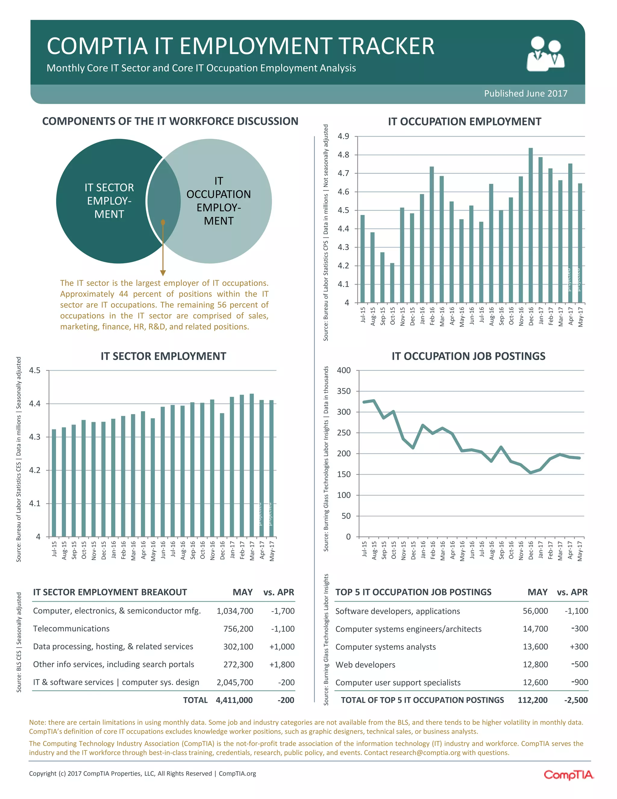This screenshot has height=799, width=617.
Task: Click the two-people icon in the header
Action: tap(545, 53)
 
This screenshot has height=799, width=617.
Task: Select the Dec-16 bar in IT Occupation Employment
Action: tap(531, 225)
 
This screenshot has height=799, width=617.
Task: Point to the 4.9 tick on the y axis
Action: tap(343, 137)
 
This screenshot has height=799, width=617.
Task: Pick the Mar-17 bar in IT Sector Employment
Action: tap(252, 465)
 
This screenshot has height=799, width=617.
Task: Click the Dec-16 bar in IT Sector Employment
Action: tap(222, 475)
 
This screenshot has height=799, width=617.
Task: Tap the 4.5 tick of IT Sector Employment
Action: tap(35, 370)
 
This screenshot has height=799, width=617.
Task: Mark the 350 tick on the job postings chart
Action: tap(343, 391)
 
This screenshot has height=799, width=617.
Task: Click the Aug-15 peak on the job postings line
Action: tap(374, 401)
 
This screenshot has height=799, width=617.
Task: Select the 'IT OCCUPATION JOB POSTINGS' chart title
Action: tap(468, 356)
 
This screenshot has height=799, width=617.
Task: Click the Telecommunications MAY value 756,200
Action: tap(238, 629)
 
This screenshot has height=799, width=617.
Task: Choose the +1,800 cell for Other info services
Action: tap(282, 664)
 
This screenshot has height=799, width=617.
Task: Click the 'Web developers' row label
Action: tap(365, 665)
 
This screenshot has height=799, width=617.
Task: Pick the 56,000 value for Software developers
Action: tap(535, 611)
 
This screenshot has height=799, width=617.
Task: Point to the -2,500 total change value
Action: tap(576, 700)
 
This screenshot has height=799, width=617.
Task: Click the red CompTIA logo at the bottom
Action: tap(568, 775)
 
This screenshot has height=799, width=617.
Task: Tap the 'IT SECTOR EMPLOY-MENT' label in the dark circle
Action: tap(109, 201)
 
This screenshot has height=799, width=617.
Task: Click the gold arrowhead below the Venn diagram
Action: tap(163, 273)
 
